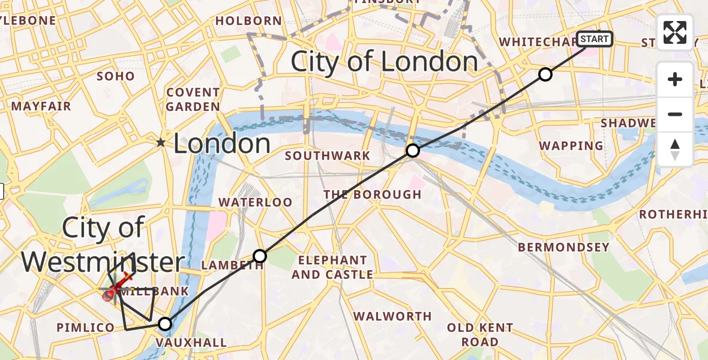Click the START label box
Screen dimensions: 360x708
(x=595, y=40)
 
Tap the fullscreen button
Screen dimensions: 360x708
(x=675, y=32)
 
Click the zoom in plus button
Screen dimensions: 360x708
(x=675, y=80)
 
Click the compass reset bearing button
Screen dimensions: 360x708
(x=675, y=149)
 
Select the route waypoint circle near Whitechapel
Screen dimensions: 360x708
(x=545, y=74)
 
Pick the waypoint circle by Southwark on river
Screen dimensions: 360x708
(x=412, y=151)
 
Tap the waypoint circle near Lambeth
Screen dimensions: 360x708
(x=260, y=256)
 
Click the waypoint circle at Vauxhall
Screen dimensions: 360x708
(x=164, y=324)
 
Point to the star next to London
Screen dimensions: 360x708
(x=161, y=143)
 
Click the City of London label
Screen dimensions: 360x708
(x=384, y=62)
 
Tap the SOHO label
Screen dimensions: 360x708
(x=116, y=76)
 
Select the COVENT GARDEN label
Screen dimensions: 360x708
(x=193, y=100)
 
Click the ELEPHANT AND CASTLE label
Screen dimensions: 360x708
(x=332, y=267)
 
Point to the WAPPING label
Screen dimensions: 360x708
(x=571, y=146)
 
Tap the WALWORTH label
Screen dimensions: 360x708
(x=392, y=316)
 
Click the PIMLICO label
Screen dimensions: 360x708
(x=85, y=328)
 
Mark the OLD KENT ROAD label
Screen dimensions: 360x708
(x=479, y=335)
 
